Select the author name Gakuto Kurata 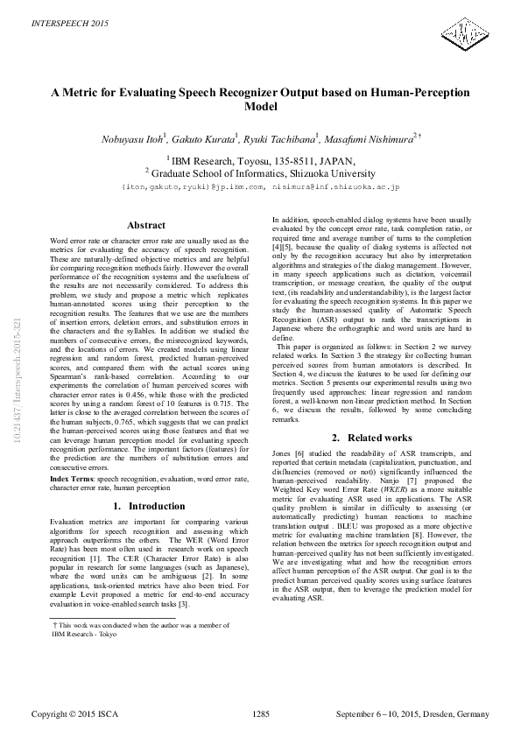(x=216, y=137)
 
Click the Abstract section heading (x=146, y=226)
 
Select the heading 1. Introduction (x=146, y=506)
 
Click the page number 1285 (x=260, y=715)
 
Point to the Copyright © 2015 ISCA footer (x=73, y=715)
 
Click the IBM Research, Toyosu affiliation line (x=260, y=160)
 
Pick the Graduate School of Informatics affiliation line (x=260, y=173)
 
